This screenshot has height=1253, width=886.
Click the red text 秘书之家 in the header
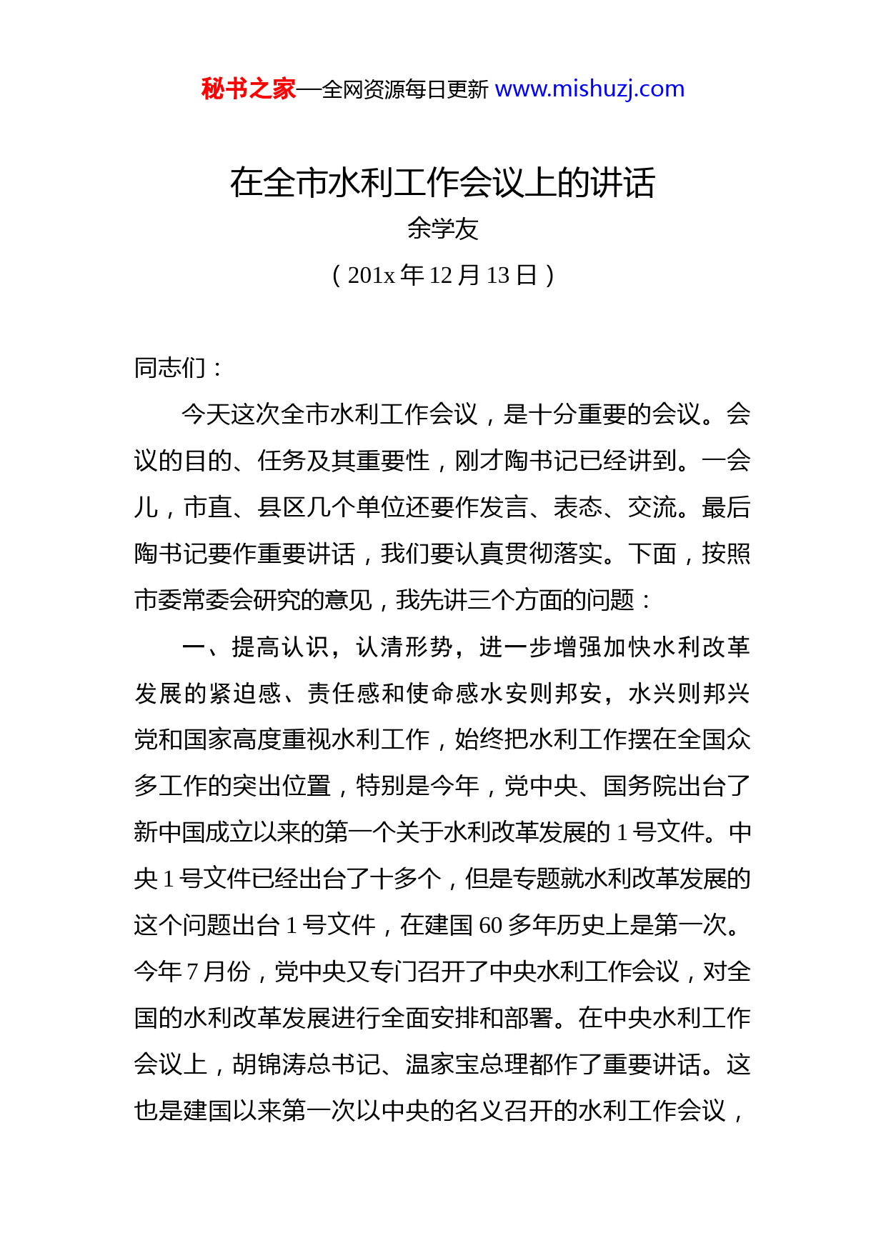[248, 89]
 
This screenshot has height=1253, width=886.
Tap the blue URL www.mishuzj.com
[589, 89]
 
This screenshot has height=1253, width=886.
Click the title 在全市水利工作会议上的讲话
[442, 183]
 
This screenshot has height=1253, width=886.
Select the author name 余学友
[442, 229]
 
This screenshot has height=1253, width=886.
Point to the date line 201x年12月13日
[442, 275]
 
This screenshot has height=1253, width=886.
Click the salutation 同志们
[171, 368]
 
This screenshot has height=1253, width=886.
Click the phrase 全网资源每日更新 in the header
[405, 90]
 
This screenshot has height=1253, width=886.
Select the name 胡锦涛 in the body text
[269, 1064]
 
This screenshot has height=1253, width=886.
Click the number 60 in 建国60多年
[491, 926]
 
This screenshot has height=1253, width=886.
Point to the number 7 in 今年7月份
[192, 972]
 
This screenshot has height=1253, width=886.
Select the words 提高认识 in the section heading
[280, 647]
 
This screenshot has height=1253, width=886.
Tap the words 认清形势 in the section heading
[404, 647]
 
